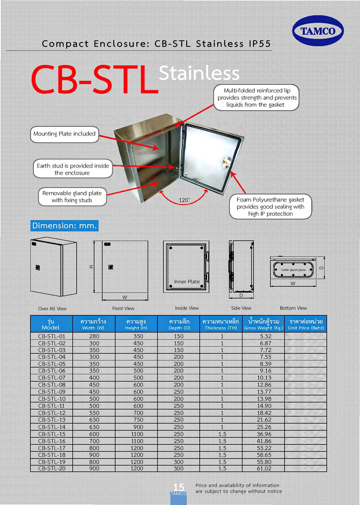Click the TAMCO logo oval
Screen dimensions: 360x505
coord(318,31)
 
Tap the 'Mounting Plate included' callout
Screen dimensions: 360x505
coord(65,134)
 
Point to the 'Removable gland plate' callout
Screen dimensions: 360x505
coord(72,197)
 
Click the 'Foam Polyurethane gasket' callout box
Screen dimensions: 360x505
coord(270,207)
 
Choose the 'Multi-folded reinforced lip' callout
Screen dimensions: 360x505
coord(256,98)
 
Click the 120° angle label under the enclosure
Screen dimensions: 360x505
coord(184,200)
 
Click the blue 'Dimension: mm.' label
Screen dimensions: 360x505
coord(65,226)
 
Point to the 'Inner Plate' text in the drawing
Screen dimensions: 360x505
coord(187,282)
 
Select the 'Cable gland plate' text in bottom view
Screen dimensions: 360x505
coord(293,270)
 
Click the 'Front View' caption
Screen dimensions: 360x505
coord(123,308)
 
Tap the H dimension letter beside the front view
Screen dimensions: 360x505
coord(91,267)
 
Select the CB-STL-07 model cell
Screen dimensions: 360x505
coord(52,378)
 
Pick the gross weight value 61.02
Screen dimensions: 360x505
coord(264,468)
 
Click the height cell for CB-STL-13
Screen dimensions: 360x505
coord(138,420)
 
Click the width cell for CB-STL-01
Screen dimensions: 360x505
coord(94,336)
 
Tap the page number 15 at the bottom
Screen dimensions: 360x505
coord(179,487)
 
